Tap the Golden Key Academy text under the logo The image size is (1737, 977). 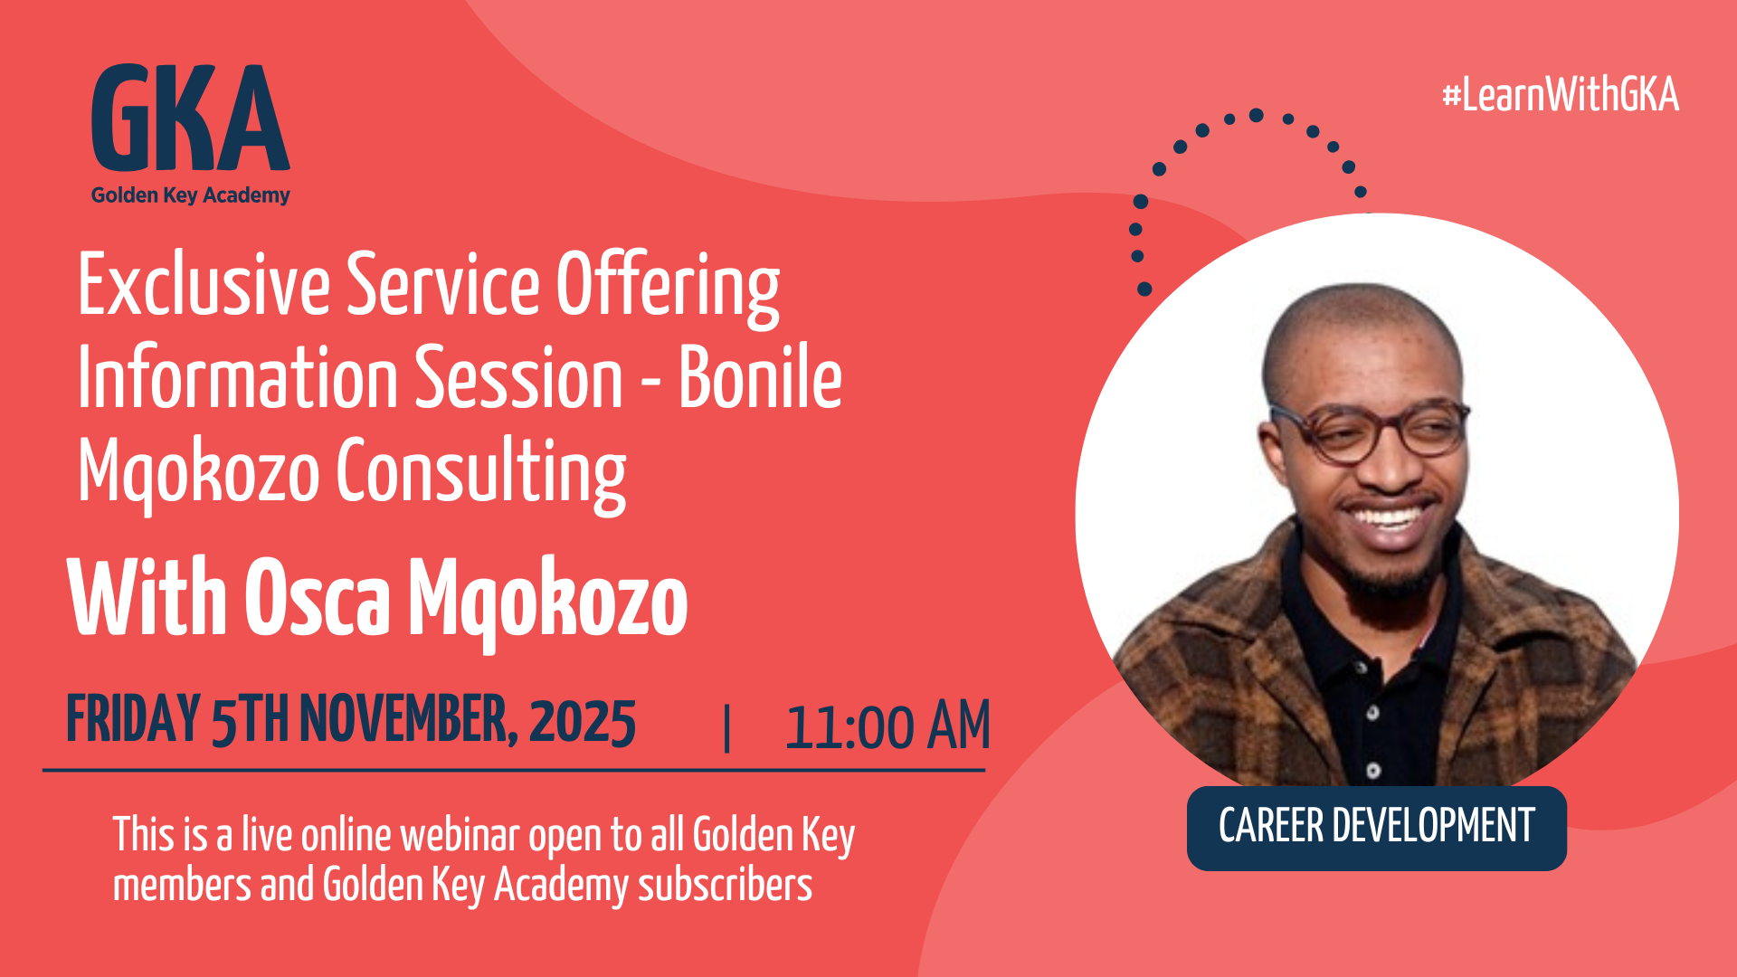tap(190, 195)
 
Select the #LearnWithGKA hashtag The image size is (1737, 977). tap(1560, 96)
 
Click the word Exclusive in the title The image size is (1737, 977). tap(204, 286)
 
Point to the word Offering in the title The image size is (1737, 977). tap(668, 286)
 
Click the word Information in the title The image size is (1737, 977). tap(237, 379)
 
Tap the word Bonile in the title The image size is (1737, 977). tap(760, 379)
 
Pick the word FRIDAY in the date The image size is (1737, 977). tap(133, 720)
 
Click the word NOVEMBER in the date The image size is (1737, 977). tap(409, 720)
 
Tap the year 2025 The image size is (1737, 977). tap(583, 722)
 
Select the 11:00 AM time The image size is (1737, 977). tap(887, 726)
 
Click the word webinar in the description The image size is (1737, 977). tap(460, 835)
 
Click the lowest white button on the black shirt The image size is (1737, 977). tap(1373, 770)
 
